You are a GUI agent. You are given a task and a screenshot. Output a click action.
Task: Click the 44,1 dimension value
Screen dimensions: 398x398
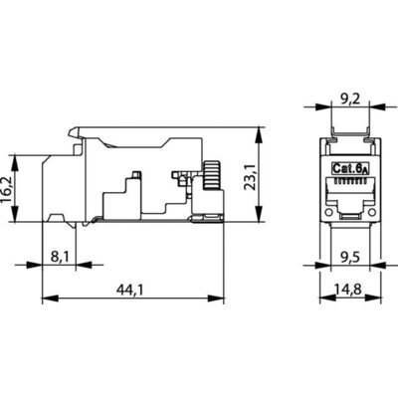coord(130,291)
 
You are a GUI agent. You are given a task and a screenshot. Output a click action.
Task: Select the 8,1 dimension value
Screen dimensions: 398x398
coord(60,257)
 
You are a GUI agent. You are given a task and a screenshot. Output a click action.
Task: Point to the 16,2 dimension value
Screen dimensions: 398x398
coord(7,188)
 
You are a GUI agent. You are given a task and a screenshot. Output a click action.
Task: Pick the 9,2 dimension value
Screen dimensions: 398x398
coord(350,99)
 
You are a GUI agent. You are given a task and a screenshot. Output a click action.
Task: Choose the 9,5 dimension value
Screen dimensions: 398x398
coord(350,257)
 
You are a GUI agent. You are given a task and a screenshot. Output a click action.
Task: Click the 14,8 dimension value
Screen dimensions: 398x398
coord(350,290)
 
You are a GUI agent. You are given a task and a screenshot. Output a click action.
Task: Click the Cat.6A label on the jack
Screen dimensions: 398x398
coord(350,168)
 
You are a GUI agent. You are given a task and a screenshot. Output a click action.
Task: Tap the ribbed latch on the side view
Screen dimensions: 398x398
coord(212,175)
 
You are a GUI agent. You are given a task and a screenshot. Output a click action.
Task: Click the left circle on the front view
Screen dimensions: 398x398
coord(328,212)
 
